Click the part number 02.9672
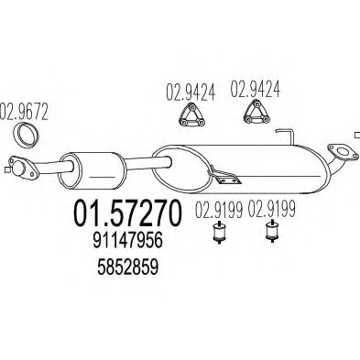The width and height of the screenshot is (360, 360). point(24,112)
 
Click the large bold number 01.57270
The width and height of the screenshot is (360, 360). point(127,213)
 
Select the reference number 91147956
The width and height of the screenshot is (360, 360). point(127,241)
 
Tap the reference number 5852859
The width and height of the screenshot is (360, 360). point(127,267)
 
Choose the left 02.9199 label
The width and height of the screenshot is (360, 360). point(219,210)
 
